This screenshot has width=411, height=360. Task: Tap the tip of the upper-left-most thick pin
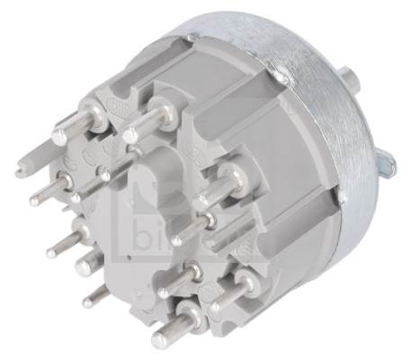pyautogui.click(x=58, y=134)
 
